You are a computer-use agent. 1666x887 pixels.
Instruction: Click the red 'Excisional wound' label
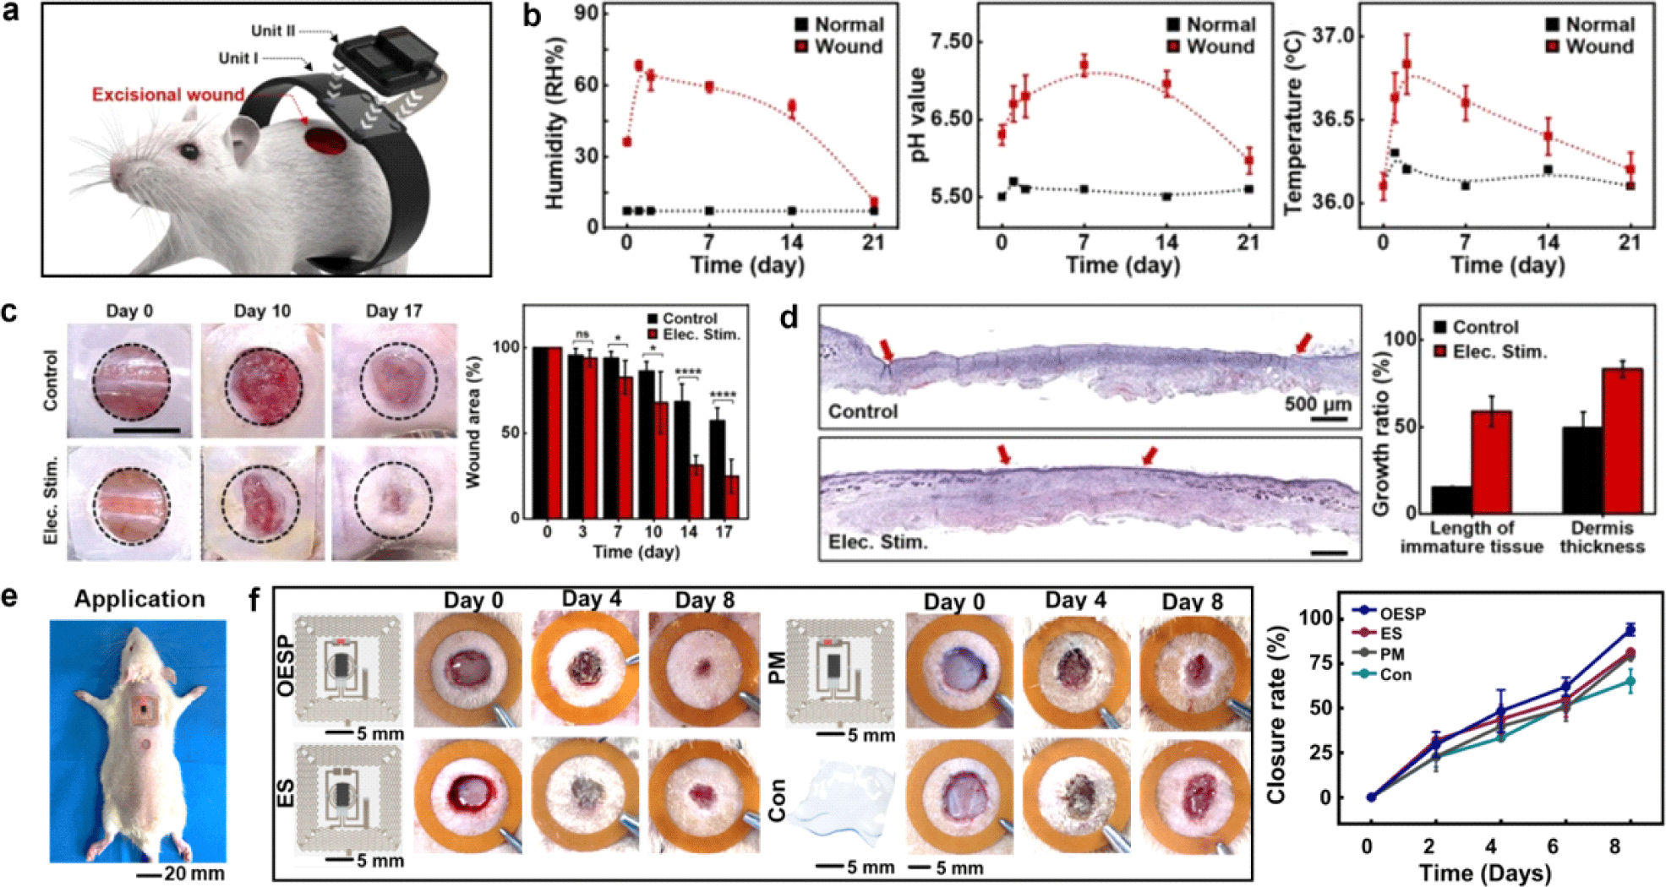pos(167,95)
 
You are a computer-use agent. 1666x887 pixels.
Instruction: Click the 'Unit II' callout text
pos(272,31)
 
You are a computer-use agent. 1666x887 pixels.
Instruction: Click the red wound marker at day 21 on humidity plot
pos(873,203)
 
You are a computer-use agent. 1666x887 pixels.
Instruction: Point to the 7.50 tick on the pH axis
pos(951,41)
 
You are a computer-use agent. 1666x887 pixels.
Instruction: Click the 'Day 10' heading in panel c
pos(262,311)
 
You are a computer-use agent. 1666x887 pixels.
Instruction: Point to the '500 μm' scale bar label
pos(1318,404)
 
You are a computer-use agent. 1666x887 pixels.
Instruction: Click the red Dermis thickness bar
pos(1622,440)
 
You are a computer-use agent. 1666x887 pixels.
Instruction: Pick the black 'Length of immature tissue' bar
pos(1451,499)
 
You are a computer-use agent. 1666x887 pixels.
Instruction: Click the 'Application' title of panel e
pos(139,599)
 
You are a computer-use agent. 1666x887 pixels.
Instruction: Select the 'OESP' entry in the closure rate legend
pos(1402,613)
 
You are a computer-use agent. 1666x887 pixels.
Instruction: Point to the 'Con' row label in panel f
pos(777,800)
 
